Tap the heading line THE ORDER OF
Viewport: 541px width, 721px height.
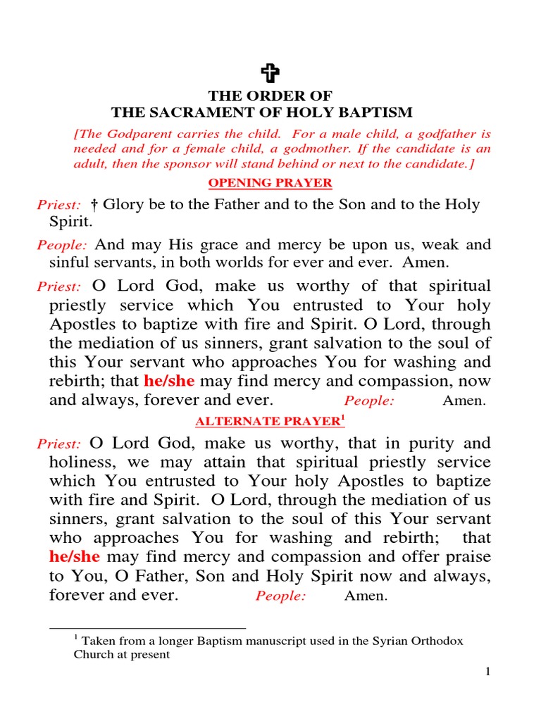(x=270, y=96)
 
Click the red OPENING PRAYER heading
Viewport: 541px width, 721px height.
(x=270, y=182)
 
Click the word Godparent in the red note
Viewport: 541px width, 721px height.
(x=128, y=133)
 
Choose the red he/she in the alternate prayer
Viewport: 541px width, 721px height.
(x=75, y=556)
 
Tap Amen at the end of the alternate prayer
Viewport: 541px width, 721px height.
(x=366, y=596)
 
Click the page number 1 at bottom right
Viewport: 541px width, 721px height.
(x=487, y=672)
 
